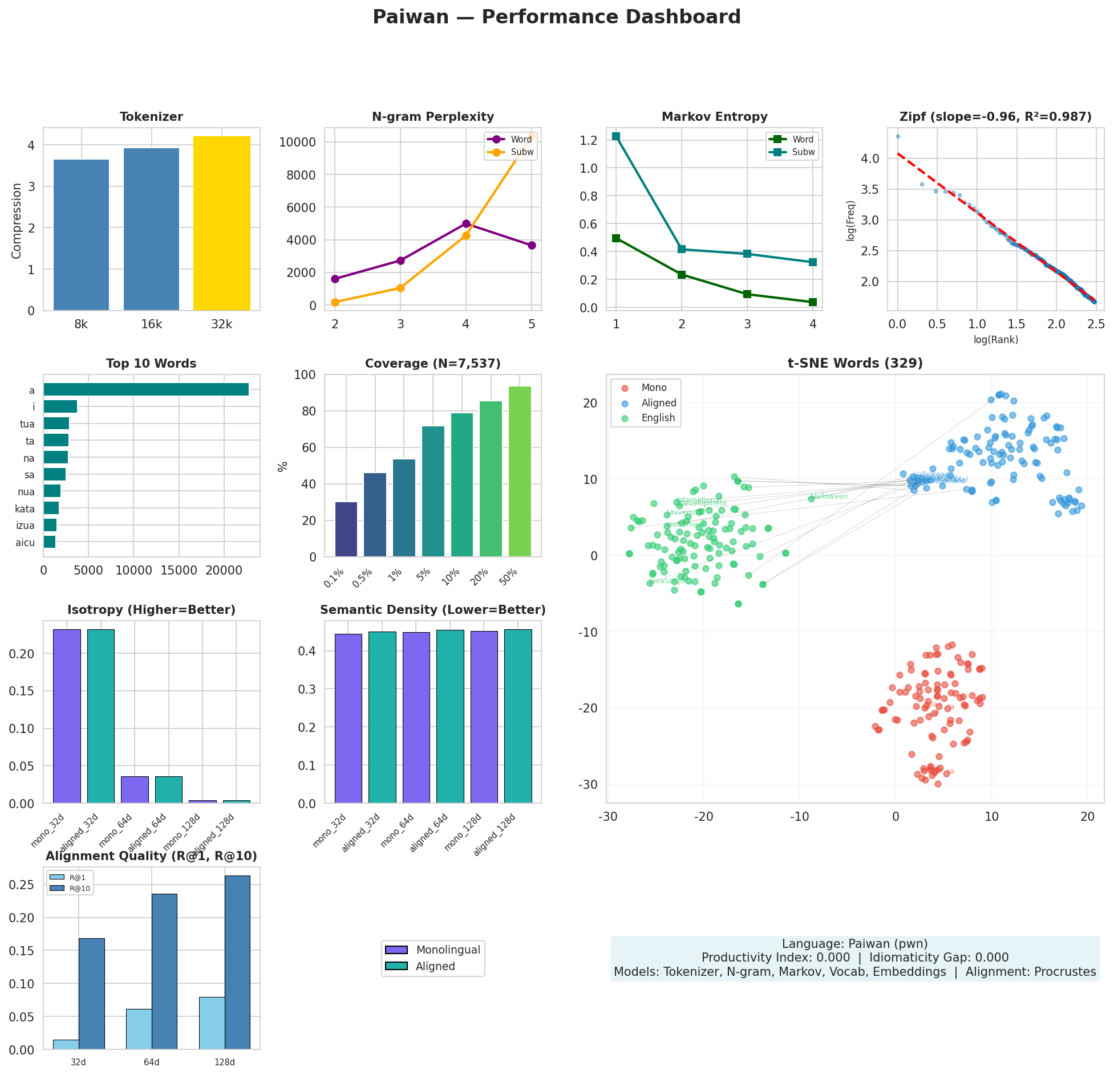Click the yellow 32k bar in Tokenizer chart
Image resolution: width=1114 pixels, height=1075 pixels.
[221, 223]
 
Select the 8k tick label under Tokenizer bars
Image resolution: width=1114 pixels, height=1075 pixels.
[81, 325]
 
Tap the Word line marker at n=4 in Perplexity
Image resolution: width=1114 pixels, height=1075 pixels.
[466, 223]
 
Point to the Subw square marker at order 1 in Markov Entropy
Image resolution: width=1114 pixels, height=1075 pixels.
[616, 136]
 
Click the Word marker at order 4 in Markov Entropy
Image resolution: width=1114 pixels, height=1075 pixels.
[813, 302]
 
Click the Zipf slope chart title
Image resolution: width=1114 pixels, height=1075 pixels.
[995, 117]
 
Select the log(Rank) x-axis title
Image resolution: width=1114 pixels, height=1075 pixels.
[995, 340]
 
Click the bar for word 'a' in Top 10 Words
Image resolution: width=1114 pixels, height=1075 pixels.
[146, 389]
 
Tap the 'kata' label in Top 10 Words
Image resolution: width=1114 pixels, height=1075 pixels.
[25, 509]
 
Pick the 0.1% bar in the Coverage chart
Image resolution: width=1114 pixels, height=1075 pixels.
[346, 529]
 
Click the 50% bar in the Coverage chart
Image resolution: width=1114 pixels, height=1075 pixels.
[520, 471]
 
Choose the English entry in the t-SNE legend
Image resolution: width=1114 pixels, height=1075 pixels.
[658, 418]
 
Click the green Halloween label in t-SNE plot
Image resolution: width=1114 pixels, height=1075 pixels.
[829, 496]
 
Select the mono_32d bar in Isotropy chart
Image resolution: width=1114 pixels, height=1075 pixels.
[67, 716]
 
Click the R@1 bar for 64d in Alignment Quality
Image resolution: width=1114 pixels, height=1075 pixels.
[139, 1029]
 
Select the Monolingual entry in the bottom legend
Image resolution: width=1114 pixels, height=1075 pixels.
[448, 950]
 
